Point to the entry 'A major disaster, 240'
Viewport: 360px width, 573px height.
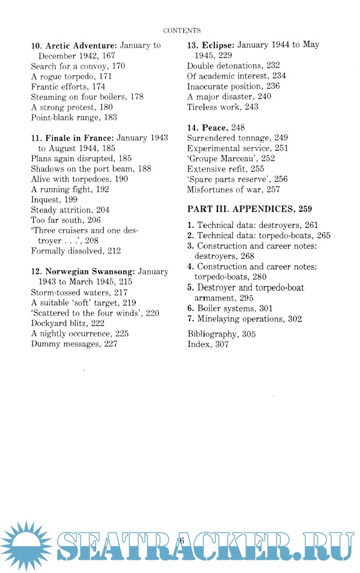point(229,96)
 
